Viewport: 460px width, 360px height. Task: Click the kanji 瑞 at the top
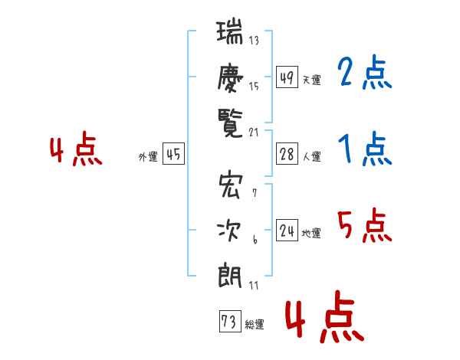click(229, 31)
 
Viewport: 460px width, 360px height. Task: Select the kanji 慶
click(230, 78)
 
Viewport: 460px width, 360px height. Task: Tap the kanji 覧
click(230, 124)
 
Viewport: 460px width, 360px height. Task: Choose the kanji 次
click(229, 231)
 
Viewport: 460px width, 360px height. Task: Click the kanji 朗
click(230, 276)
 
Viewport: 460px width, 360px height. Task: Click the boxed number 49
click(287, 77)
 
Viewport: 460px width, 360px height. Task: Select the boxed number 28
click(287, 154)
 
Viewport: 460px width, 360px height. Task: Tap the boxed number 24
click(287, 230)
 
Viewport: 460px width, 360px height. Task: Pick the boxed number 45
click(173, 154)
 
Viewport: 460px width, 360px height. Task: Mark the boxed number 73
click(230, 321)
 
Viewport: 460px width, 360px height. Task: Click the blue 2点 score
click(364, 71)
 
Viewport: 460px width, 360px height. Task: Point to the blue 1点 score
click(365, 149)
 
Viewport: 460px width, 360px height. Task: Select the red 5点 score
click(364, 225)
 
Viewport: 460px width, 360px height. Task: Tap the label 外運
click(148, 157)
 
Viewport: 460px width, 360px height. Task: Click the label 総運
click(255, 325)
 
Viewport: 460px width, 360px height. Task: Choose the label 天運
click(311, 80)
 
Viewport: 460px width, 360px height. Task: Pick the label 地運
click(311, 233)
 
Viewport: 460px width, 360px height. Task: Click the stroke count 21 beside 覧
click(254, 133)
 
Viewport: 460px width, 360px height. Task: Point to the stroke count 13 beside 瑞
click(254, 40)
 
